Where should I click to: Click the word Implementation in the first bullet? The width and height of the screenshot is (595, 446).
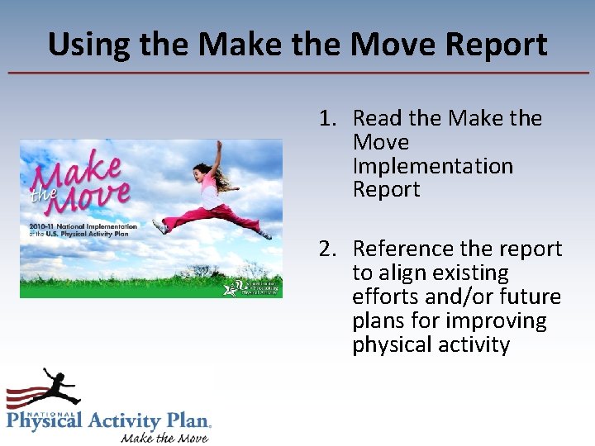coord(432,166)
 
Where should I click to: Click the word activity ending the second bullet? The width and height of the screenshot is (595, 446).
coord(474,344)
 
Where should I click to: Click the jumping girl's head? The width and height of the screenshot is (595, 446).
coord(201,172)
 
